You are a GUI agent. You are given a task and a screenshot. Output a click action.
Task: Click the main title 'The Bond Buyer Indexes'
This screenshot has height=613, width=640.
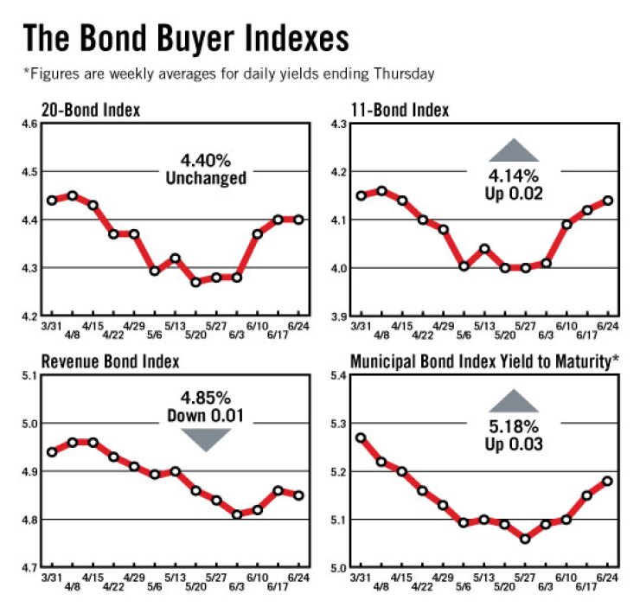pyautogui.click(x=185, y=38)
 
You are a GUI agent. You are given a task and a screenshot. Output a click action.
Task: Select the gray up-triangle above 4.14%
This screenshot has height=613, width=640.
pyautogui.click(x=516, y=149)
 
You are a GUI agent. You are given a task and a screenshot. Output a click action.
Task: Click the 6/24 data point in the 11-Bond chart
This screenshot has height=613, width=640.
pyautogui.click(x=609, y=200)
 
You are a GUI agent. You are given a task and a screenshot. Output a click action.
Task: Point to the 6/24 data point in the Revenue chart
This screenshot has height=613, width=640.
pyautogui.click(x=298, y=495)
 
